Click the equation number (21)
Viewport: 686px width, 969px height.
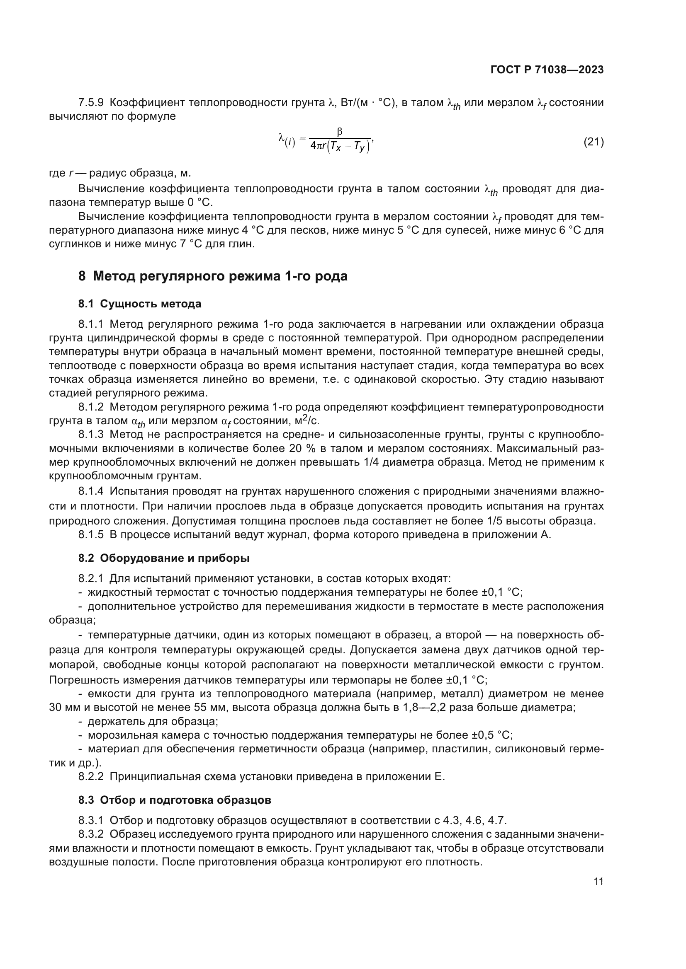point(593,142)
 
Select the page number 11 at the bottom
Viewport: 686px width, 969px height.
point(598,881)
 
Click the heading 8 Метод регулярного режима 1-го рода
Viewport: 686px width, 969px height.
point(213,276)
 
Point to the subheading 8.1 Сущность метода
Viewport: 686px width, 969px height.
point(139,304)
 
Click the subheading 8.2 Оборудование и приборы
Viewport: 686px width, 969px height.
point(163,558)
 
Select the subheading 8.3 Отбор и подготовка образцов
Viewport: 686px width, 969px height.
point(175,800)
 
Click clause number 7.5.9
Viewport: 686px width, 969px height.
point(91,103)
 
